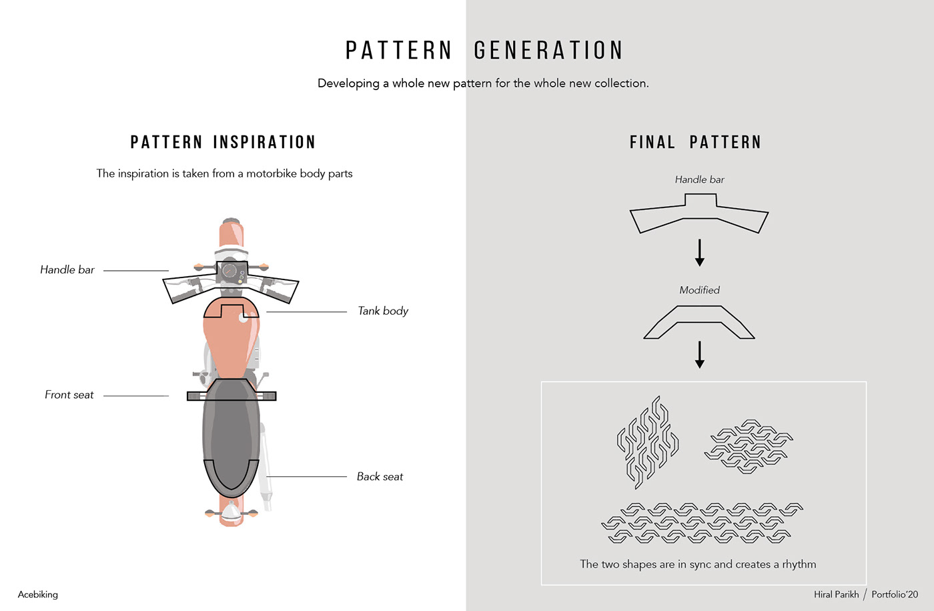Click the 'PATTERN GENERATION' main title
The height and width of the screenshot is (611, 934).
(x=484, y=51)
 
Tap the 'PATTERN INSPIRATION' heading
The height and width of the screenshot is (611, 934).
(x=223, y=142)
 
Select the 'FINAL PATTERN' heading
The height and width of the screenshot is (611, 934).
(x=695, y=142)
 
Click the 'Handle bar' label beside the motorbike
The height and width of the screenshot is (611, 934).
(x=67, y=269)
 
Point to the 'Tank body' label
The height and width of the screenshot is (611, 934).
(x=383, y=311)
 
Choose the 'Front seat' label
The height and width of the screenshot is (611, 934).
(x=69, y=395)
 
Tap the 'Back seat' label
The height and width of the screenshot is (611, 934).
(x=380, y=476)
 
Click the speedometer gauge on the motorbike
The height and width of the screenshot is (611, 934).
(x=229, y=271)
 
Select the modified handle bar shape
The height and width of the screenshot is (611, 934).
(x=699, y=322)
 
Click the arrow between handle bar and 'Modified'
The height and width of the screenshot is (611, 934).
(x=699, y=252)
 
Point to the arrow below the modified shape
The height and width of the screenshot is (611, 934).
(x=699, y=354)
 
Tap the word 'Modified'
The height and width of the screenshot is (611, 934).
(x=699, y=290)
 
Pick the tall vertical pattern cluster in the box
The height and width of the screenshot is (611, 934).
(x=647, y=442)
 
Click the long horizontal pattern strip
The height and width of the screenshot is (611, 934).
(x=702, y=522)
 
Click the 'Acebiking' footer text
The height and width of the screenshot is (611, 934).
(x=38, y=594)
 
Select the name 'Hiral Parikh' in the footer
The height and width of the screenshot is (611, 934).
(x=836, y=594)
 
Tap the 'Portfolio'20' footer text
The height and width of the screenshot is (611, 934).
(x=895, y=594)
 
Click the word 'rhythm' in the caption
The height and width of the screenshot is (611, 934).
(x=799, y=564)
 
